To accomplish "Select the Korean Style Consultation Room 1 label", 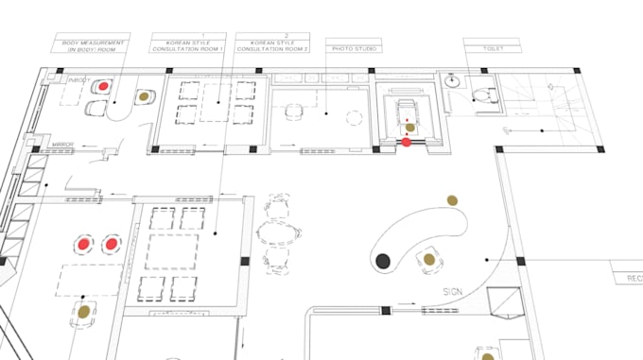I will coord(188,43).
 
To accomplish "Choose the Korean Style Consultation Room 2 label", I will coord(273,43).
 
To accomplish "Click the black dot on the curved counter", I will coord(383,260).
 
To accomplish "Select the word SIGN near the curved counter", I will coord(453,291).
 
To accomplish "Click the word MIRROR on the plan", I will coord(65,134).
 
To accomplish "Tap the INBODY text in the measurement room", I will coord(78,82).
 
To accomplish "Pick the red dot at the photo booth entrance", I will coord(407,143).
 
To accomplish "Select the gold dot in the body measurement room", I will coord(143,95).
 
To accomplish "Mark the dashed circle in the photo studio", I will coord(355,118).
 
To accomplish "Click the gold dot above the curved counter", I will coord(453,199).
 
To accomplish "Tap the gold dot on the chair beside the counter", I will coord(428,258).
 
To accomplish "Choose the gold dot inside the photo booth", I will coord(409,124).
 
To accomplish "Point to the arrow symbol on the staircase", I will coord(551,87).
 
